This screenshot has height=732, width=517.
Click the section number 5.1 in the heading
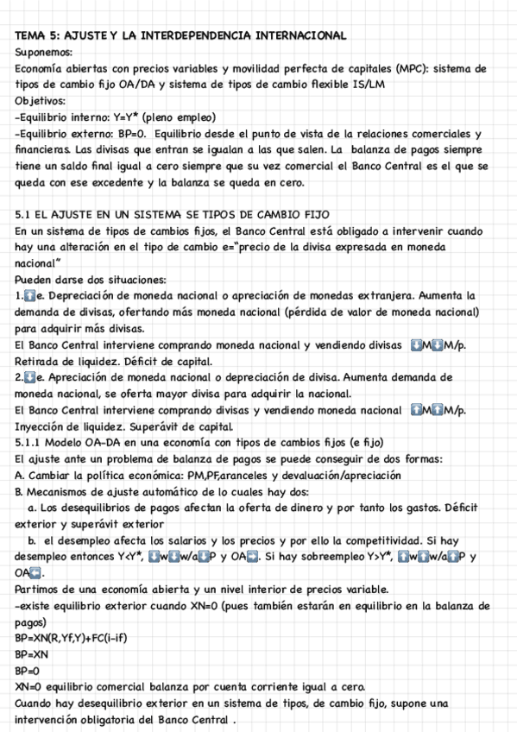25,215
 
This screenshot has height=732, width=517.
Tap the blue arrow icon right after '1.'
30,297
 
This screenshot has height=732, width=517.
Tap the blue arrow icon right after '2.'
30,378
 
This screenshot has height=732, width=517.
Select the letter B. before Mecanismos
20,492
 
